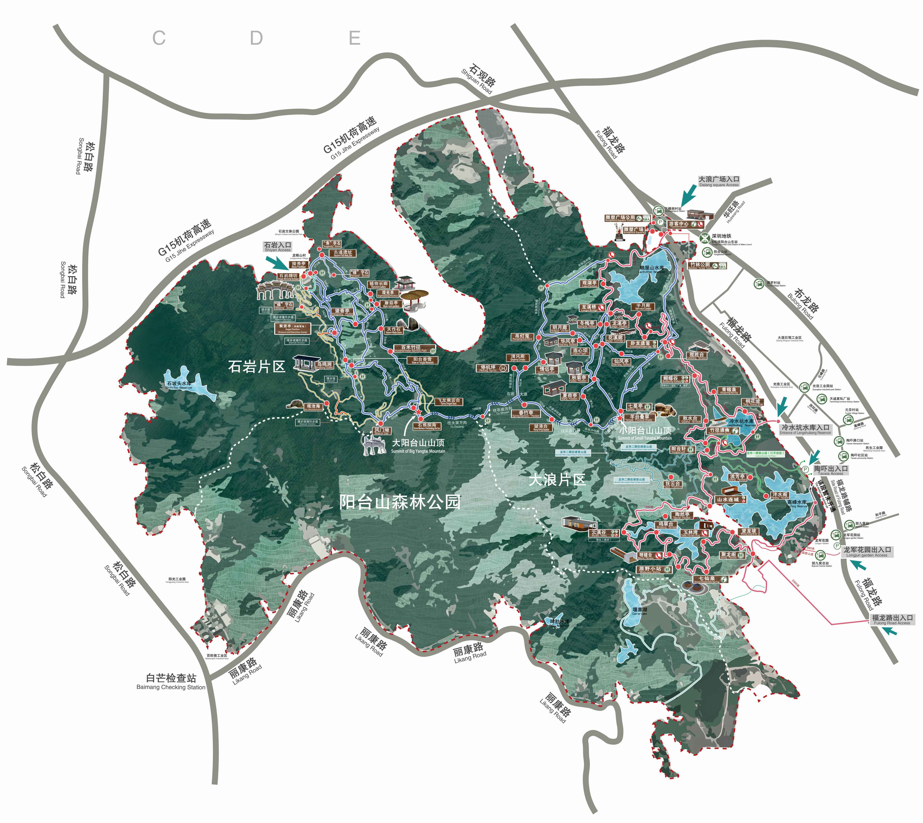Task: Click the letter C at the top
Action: [x=159, y=38]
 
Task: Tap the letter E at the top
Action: [x=355, y=38]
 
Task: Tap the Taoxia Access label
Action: [x=831, y=471]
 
